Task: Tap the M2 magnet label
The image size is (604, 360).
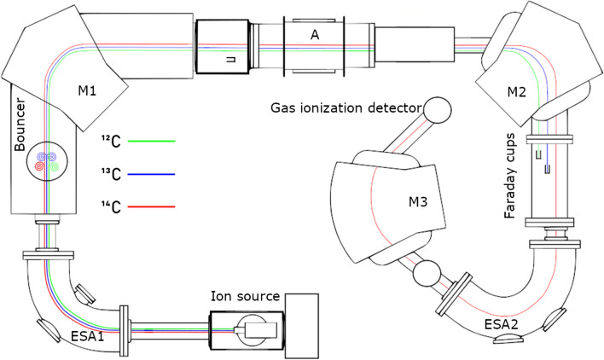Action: coord(514,91)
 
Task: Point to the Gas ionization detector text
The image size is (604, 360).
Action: coord(346,109)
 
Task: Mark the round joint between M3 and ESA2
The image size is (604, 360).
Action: coord(423,275)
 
